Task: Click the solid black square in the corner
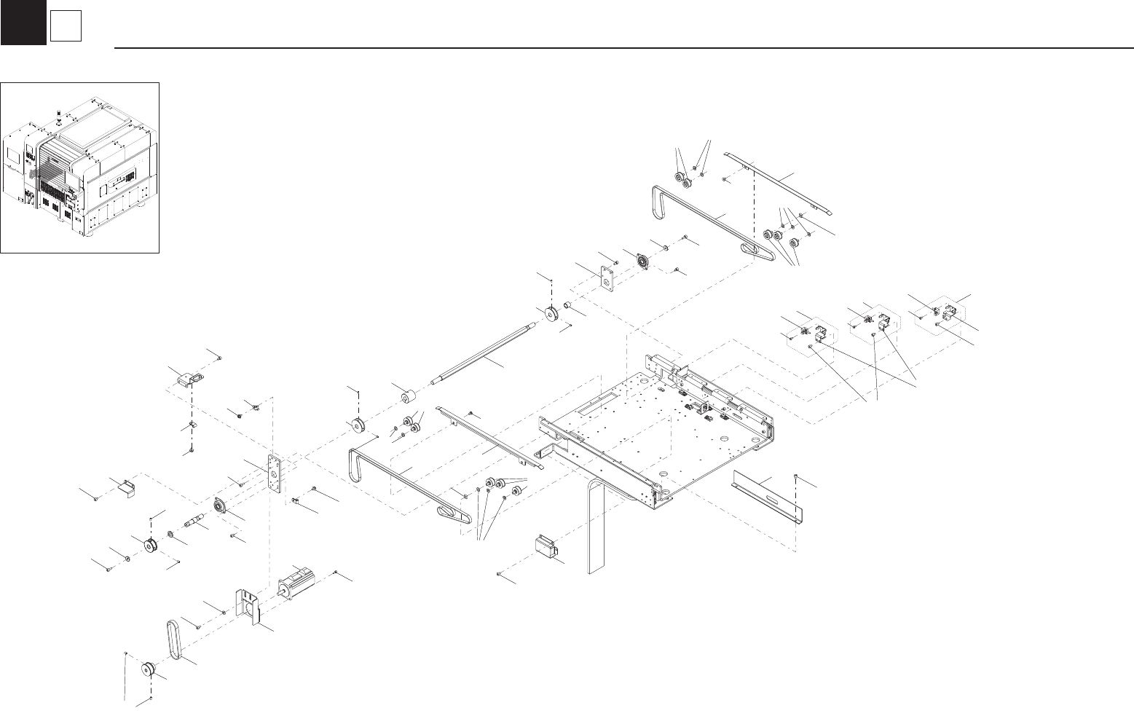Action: point(23,22)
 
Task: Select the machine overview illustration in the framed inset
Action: point(79,168)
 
